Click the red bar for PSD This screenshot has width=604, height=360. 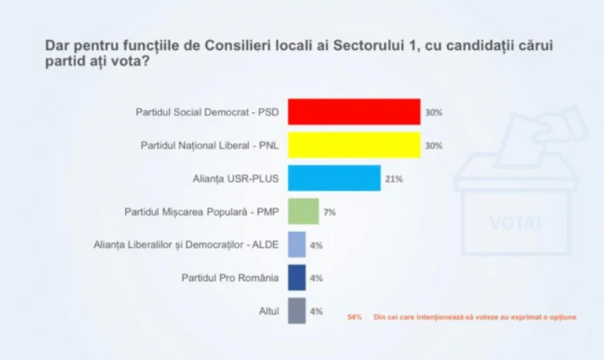(354, 112)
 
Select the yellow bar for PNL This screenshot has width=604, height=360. (354, 145)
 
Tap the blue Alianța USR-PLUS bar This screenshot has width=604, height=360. (334, 179)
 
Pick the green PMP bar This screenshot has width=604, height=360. (303, 211)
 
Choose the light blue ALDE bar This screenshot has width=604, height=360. (297, 245)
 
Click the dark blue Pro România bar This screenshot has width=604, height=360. (297, 278)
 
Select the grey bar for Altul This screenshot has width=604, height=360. (297, 311)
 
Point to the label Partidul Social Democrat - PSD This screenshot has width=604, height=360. (206, 112)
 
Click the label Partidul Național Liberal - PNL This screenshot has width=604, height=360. (209, 146)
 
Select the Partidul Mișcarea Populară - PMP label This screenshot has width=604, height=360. (202, 212)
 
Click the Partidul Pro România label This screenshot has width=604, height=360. (230, 278)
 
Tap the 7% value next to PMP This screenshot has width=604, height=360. (330, 212)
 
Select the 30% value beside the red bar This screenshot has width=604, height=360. (434, 112)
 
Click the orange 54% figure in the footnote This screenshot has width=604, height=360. (355, 317)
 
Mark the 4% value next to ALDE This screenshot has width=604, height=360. (316, 245)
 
